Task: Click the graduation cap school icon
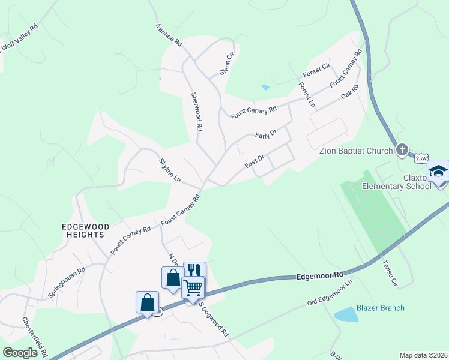[438, 172]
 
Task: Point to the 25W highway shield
[421, 158]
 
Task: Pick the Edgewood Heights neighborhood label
[86, 230]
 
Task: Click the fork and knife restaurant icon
[194, 271]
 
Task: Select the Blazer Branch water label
[381, 308]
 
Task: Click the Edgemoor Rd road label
[319, 275]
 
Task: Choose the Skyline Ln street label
[169, 171]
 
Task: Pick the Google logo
[20, 353]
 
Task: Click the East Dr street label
[255, 161]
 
